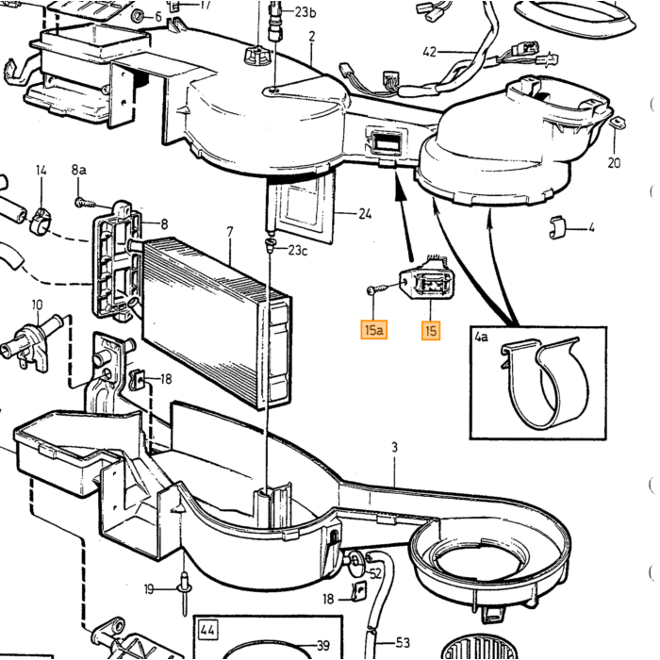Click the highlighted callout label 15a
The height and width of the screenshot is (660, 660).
click(x=373, y=330)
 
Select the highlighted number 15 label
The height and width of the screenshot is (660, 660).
click(x=431, y=330)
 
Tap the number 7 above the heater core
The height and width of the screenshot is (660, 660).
click(x=230, y=232)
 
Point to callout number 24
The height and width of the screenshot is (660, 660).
click(x=365, y=214)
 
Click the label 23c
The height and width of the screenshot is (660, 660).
click(x=298, y=251)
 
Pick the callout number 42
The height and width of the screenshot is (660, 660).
click(x=430, y=52)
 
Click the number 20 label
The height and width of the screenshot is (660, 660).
click(x=614, y=162)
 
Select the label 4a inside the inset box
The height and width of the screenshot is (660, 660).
click(x=481, y=337)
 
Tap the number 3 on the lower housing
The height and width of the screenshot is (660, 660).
click(x=394, y=448)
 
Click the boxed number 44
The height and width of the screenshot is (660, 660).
click(x=208, y=630)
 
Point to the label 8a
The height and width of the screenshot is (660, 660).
click(x=78, y=170)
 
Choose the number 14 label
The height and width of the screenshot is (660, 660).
click(x=41, y=170)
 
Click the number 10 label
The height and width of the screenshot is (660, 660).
click(x=37, y=305)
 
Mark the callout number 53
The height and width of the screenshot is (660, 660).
click(x=403, y=643)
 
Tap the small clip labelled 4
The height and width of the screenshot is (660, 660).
click(x=557, y=228)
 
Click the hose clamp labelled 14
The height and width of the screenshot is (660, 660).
click(x=41, y=220)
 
